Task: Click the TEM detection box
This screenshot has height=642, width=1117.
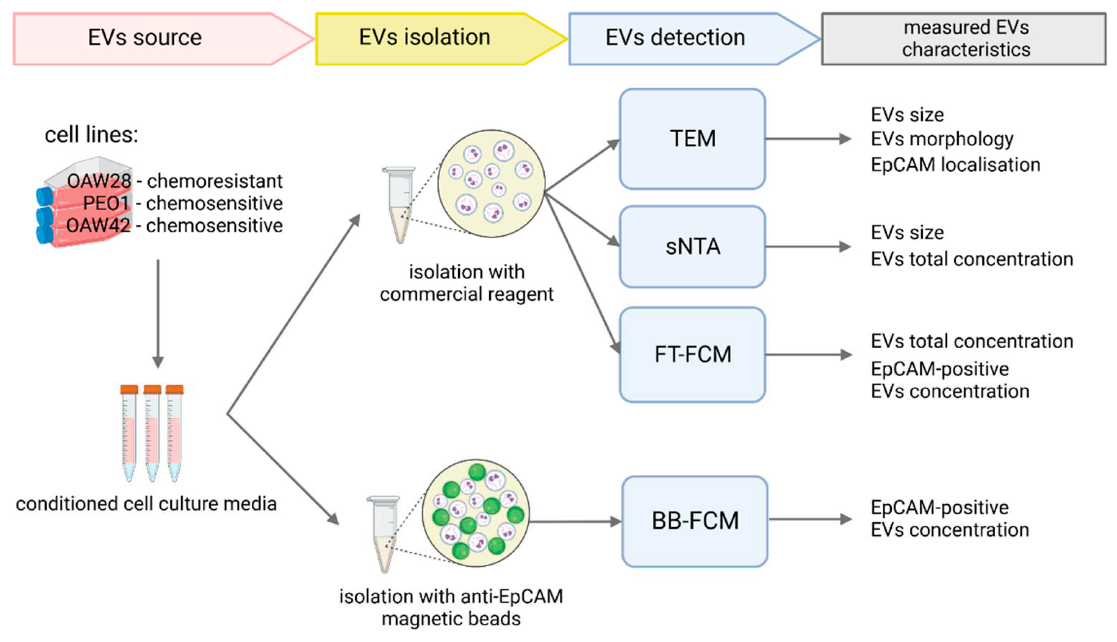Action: tap(692, 139)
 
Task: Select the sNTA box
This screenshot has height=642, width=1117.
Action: tap(692, 247)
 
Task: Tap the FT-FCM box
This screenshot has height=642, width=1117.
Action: tap(692, 354)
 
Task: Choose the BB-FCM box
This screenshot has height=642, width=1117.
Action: tap(695, 521)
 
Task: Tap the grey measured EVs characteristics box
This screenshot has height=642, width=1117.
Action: tap(964, 39)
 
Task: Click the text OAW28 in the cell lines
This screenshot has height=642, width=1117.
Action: tap(99, 181)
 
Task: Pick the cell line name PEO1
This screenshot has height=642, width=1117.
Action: tap(106, 203)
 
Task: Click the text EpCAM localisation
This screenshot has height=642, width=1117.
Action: tap(955, 165)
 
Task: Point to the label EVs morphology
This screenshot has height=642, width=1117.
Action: tap(942, 139)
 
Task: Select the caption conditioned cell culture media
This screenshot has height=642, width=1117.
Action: tap(147, 504)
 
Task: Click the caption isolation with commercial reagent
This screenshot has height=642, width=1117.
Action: tap(467, 283)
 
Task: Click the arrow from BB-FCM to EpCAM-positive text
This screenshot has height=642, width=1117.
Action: tap(809, 519)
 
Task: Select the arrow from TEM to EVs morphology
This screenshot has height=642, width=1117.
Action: tap(807, 139)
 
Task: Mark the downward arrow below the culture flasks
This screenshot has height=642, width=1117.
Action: tap(158, 313)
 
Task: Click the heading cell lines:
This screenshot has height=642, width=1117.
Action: tap(91, 135)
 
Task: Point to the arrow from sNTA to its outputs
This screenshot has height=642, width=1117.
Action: tap(807, 247)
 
